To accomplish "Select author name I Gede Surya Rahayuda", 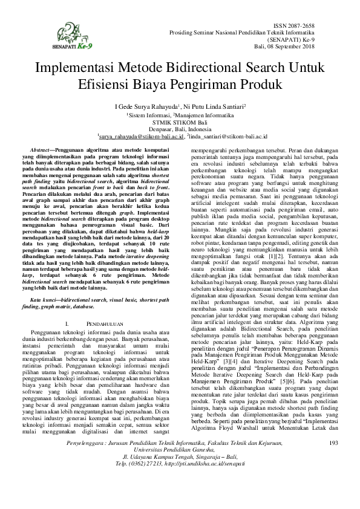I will (x=146, y=106).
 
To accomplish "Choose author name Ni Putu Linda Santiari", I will (x=214, y=106).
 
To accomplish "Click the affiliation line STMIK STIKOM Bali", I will (x=180, y=121).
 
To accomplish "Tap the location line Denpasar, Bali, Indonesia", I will (x=180, y=128).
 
